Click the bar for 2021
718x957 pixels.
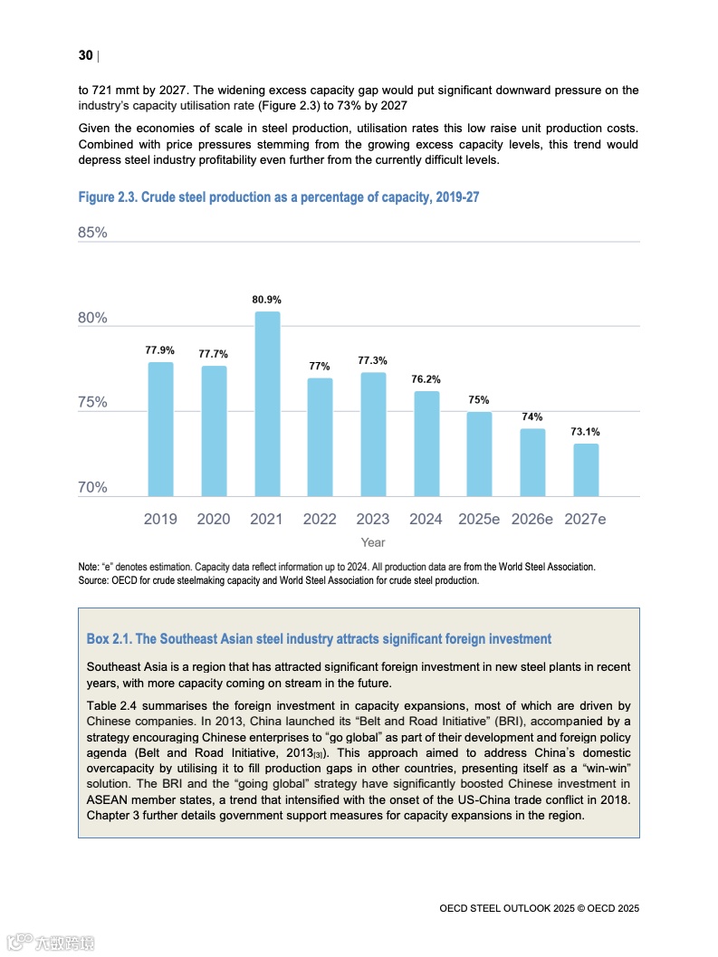point(267,404)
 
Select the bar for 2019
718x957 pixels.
point(160,429)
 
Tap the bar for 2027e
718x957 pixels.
point(586,470)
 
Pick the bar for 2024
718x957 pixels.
point(426,444)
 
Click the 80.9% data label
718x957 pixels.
point(267,299)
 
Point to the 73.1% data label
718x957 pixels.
point(585,432)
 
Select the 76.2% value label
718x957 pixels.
point(426,379)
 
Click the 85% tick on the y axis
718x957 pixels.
point(93,233)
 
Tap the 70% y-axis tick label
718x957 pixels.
point(93,488)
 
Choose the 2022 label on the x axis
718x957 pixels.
point(320,520)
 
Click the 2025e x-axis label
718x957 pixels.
point(479,520)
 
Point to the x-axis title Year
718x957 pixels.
point(373,542)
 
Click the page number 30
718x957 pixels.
point(86,56)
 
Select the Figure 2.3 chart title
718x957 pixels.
point(279,197)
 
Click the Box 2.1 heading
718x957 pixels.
point(319,639)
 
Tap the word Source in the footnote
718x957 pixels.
point(94,580)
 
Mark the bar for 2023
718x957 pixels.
point(373,435)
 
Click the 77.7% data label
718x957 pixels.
point(214,354)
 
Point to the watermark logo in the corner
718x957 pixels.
point(50,942)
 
